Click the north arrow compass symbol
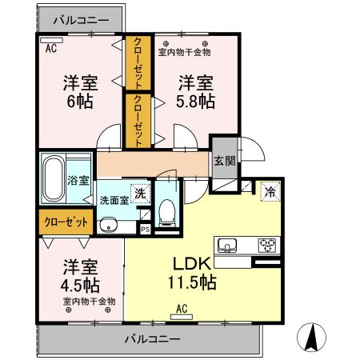[x=311, y=337]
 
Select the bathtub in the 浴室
[x=54, y=178]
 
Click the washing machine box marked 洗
[x=140, y=194]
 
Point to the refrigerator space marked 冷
[x=270, y=191]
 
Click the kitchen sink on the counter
[x=227, y=245]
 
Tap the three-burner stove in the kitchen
[x=267, y=246]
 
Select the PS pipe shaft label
[x=146, y=229]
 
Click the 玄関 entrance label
[x=225, y=161]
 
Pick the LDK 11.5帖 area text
[x=192, y=273]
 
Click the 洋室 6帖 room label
[x=80, y=92]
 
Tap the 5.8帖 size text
[x=195, y=101]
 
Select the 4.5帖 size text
[x=80, y=286]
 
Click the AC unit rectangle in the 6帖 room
[x=51, y=40]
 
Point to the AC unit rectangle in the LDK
[x=182, y=317]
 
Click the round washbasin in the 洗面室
[x=108, y=226]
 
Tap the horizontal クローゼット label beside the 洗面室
[x=66, y=222]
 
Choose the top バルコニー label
[x=81, y=20]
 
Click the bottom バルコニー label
[x=153, y=339]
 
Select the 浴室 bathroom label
[x=78, y=181]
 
